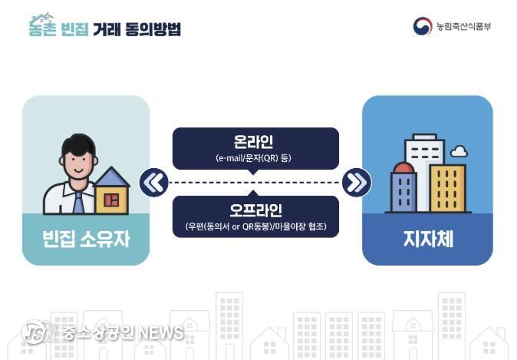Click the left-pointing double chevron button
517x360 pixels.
pos(154,183)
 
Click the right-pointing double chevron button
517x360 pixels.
pos(357,183)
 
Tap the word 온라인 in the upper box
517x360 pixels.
pos(253,142)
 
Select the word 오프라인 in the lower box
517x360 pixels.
pos(255,210)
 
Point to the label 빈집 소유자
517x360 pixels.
pos(86,239)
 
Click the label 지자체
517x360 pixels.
pos(428,239)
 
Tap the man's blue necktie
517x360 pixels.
pos(78,202)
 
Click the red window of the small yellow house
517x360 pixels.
pos(111,200)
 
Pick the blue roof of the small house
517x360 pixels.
pos(112,177)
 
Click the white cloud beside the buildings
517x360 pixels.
pos(459,150)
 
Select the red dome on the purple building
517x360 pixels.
pos(404,167)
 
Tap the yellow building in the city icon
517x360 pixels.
pos(448,188)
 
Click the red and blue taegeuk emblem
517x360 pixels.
pos(423,26)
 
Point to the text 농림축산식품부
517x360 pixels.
pos(463,26)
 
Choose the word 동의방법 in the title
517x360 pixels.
pos(153,29)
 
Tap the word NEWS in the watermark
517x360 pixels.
pos(161,332)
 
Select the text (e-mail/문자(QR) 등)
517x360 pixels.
pos(253,158)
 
